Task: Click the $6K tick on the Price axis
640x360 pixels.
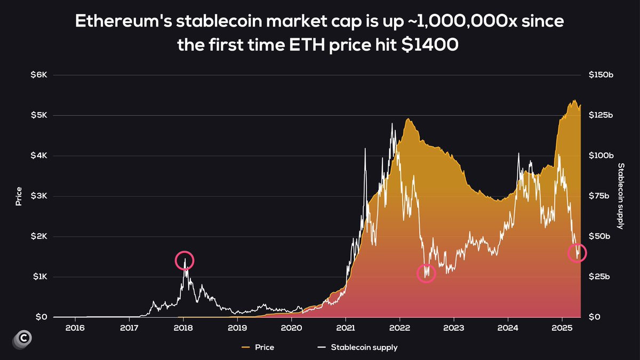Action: [x=39, y=75]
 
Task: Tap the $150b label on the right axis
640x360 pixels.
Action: [x=601, y=75]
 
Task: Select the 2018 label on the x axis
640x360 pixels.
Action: [x=183, y=327]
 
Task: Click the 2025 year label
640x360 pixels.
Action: [x=562, y=327]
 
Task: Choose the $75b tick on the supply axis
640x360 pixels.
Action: [x=599, y=196]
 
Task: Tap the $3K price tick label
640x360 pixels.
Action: [x=39, y=196]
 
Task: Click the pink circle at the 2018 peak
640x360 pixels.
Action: [x=185, y=260]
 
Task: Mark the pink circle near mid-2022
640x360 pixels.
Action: [x=426, y=274]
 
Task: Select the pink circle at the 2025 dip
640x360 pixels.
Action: [x=577, y=252]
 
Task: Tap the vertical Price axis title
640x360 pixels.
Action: [x=19, y=196]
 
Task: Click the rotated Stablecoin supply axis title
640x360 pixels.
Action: [x=621, y=196]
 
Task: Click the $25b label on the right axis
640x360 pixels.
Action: [x=599, y=277]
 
